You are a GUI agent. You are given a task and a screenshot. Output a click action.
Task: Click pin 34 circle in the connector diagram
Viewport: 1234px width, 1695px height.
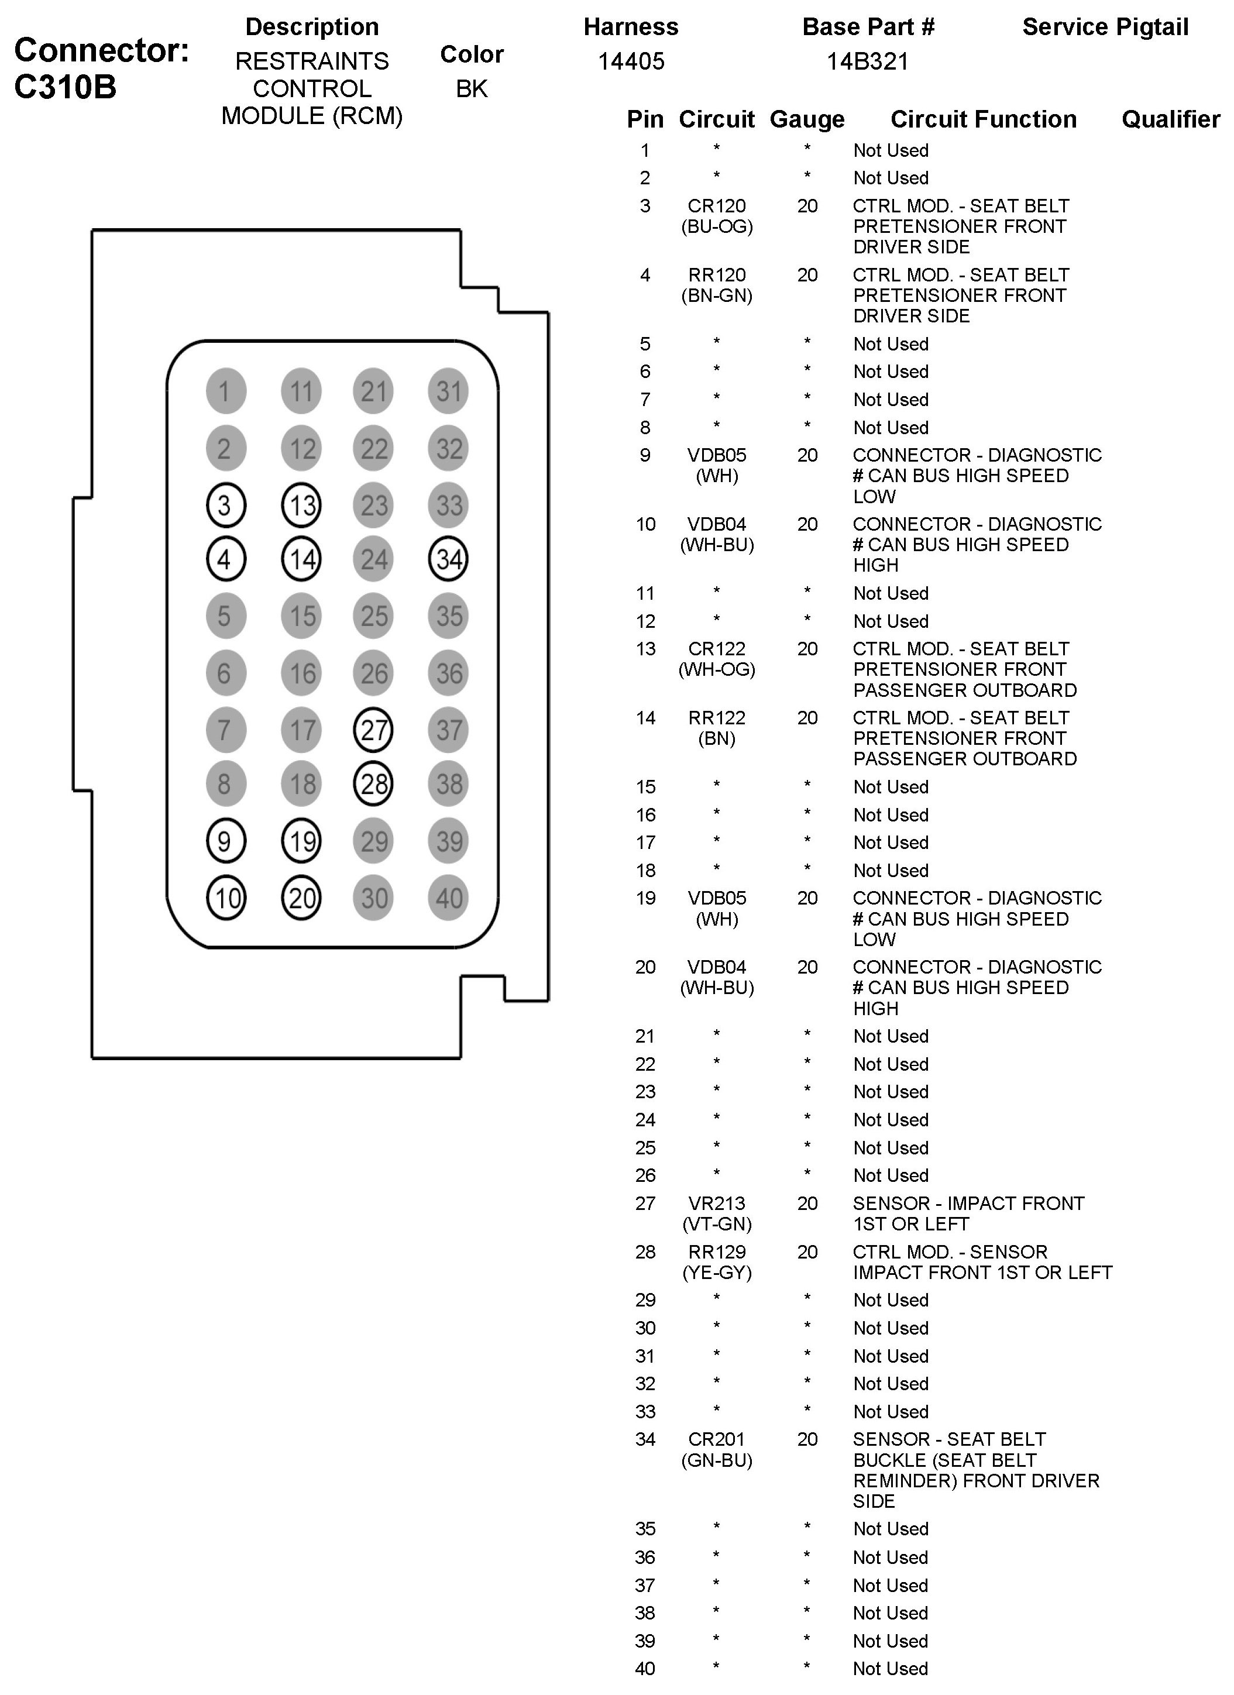point(448,559)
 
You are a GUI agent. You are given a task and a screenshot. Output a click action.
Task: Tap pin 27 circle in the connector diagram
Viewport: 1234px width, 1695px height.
point(374,730)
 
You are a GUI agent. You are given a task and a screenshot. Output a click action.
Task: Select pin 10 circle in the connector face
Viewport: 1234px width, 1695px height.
point(226,898)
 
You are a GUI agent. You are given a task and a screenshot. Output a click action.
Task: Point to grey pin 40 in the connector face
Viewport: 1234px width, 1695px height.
point(448,898)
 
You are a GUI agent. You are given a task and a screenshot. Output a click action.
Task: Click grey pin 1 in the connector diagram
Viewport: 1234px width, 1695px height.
point(226,391)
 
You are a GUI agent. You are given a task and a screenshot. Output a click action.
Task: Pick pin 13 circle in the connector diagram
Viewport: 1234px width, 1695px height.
point(301,505)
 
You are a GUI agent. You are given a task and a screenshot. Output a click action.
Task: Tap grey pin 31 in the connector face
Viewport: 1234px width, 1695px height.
point(448,391)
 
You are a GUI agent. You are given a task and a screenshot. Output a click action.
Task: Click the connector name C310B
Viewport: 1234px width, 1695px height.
point(66,87)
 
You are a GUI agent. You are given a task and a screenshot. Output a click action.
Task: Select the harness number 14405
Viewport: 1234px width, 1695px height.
point(631,61)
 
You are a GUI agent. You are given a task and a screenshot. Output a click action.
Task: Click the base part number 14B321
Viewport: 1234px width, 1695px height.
point(867,61)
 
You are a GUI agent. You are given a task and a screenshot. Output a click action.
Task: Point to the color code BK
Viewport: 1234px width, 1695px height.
point(472,89)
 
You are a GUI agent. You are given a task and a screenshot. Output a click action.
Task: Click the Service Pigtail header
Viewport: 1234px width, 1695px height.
point(1105,27)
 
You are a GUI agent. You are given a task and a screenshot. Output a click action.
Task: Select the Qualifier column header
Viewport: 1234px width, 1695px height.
point(1170,119)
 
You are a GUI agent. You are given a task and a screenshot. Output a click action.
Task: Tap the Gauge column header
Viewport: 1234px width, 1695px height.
point(807,119)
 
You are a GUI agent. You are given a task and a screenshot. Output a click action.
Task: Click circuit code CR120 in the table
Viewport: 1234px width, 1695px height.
point(717,207)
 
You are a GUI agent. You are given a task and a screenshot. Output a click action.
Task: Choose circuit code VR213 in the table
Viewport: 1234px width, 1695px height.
point(717,1204)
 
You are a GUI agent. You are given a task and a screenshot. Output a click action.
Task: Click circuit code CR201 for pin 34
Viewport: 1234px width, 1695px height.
point(717,1439)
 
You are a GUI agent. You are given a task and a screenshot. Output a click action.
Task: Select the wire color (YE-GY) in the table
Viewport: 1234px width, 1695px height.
point(717,1273)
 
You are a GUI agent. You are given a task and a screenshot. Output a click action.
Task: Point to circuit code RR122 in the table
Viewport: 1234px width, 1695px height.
point(717,718)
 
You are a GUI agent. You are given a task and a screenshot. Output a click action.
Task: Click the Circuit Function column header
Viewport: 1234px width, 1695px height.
point(983,119)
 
